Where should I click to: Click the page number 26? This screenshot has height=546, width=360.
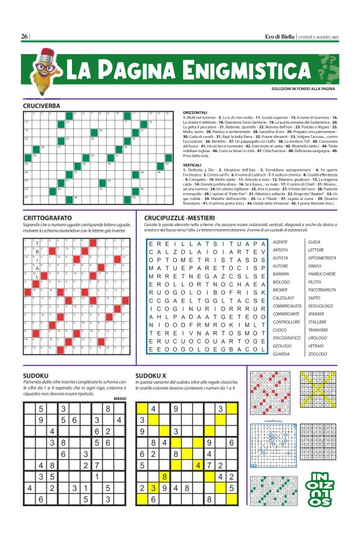click(x=24, y=36)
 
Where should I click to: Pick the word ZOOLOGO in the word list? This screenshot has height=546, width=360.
click(x=317, y=354)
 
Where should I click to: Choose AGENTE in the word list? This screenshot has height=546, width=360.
click(x=280, y=242)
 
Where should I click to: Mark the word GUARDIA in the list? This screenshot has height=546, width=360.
click(x=281, y=354)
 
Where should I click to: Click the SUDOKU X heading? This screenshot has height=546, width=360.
click(x=153, y=376)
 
